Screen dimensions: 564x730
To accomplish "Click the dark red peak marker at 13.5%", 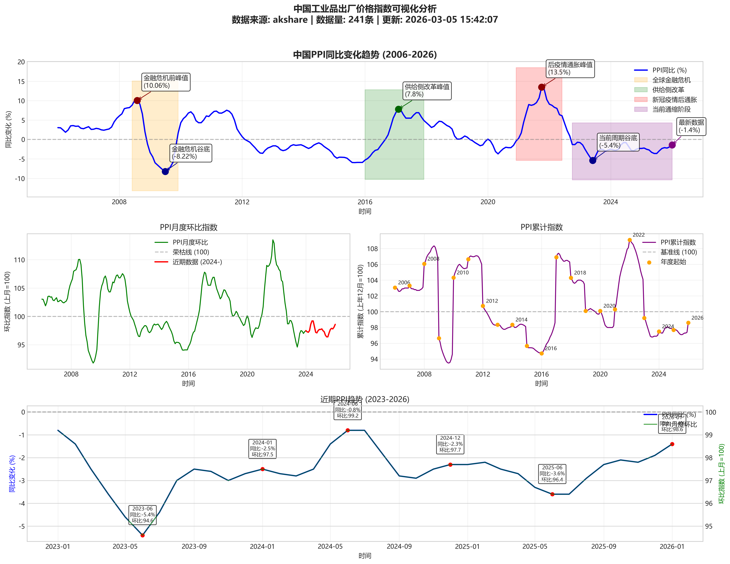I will (x=541, y=87).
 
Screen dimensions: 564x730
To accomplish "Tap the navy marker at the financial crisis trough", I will (x=165, y=171).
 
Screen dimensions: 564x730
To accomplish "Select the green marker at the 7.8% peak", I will (x=398, y=109).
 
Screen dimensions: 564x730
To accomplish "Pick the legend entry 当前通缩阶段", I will (x=671, y=109).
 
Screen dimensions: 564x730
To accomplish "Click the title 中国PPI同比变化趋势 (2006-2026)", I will (x=365, y=54).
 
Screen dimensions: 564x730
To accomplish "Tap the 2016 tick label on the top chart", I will (x=365, y=202).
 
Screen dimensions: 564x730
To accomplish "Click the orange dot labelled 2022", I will (x=629, y=240).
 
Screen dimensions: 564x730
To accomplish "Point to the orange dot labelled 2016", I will (x=541, y=354).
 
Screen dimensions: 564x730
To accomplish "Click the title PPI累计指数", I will (x=541, y=227).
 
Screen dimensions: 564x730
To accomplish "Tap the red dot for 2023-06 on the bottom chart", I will (x=142, y=535).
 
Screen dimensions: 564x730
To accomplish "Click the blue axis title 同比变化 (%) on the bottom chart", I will (x=12, y=474).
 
